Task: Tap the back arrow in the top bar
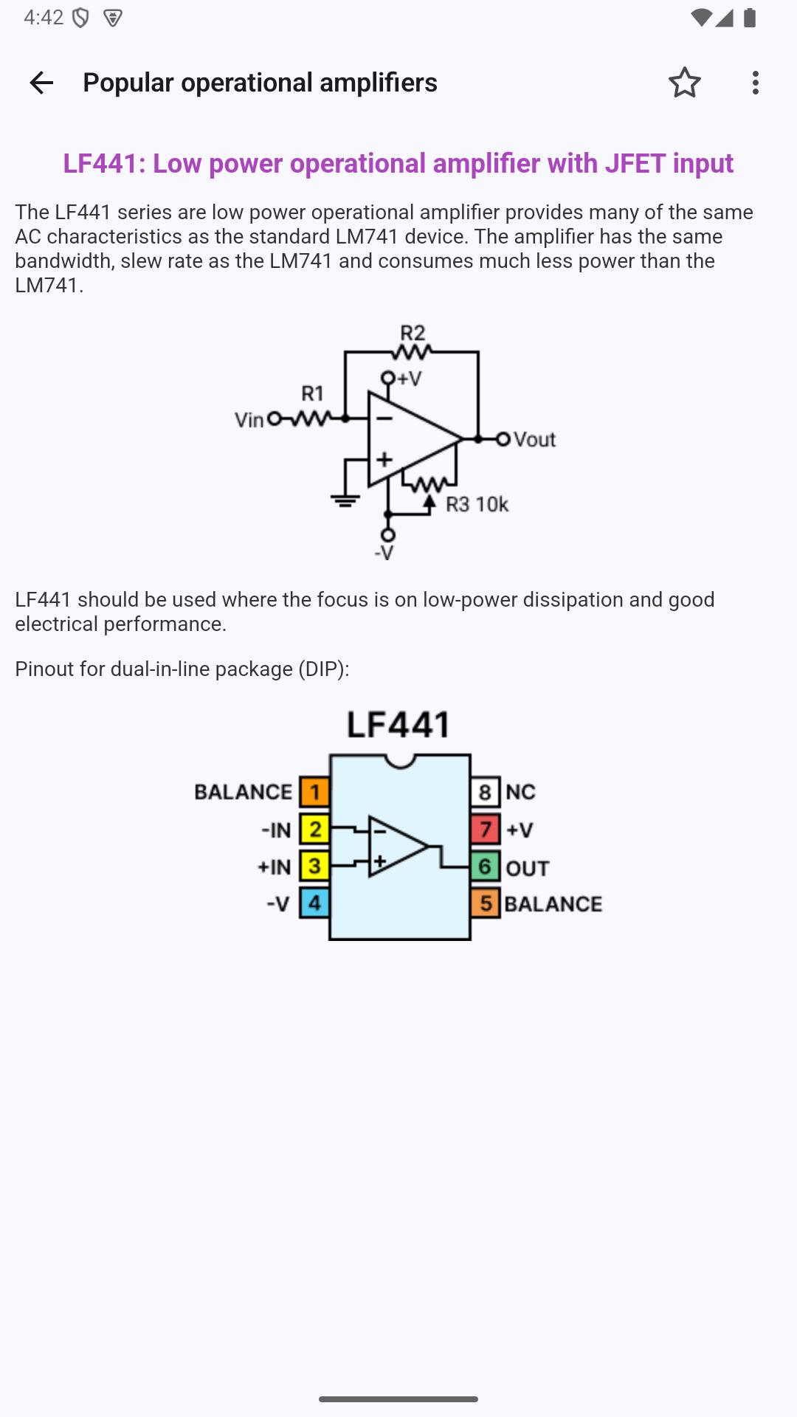pyautogui.click(x=41, y=83)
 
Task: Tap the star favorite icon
pyautogui.click(x=685, y=83)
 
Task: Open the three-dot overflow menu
pyautogui.click(x=755, y=83)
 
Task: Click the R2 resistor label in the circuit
pyautogui.click(x=413, y=333)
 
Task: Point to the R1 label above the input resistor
pyautogui.click(x=313, y=393)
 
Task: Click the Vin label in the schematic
pyautogui.click(x=249, y=420)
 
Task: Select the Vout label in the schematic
pyautogui.click(x=534, y=439)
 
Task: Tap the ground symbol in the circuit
pyautogui.click(x=345, y=500)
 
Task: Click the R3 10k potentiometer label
pyautogui.click(x=477, y=504)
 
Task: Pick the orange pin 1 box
pyautogui.click(x=314, y=792)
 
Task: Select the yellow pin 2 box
pyautogui.click(x=314, y=830)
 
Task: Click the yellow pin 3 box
pyautogui.click(x=314, y=866)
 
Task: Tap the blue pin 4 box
pyautogui.click(x=314, y=903)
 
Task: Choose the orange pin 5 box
pyautogui.click(x=485, y=903)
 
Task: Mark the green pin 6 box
pyautogui.click(x=485, y=866)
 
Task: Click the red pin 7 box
pyautogui.click(x=485, y=830)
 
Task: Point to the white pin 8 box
pyautogui.click(x=485, y=792)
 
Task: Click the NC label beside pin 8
pyautogui.click(x=520, y=792)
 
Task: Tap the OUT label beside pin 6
pyautogui.click(x=528, y=868)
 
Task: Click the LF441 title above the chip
pyautogui.click(x=398, y=725)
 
